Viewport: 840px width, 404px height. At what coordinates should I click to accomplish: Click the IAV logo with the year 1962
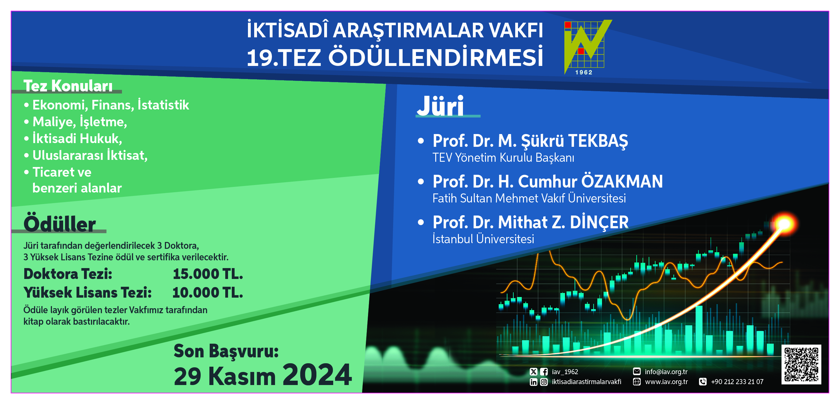[587, 47]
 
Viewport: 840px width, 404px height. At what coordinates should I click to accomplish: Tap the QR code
[801, 364]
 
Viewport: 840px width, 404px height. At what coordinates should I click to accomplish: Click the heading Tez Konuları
[68, 86]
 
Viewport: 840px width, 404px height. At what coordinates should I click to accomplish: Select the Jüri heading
[440, 106]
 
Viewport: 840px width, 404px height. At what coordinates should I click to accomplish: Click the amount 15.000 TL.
[208, 274]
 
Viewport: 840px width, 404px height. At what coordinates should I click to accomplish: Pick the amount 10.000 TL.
[208, 292]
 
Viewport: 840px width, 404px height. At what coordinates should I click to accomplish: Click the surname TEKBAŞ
[598, 141]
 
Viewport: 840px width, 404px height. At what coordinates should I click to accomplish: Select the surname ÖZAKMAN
[622, 181]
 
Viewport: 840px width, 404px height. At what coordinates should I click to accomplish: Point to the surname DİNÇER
[599, 222]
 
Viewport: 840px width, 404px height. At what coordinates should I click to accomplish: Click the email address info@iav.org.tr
[666, 372]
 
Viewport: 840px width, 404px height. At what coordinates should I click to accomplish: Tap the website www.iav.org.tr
[666, 382]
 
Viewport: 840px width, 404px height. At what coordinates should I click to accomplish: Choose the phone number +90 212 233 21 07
[737, 382]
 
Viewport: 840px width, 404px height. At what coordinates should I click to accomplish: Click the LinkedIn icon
[534, 382]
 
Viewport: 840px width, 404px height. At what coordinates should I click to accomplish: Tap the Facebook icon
[544, 372]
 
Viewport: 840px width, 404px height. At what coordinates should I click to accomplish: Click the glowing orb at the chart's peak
[785, 224]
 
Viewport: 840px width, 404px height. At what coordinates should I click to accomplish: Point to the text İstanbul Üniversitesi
[483, 239]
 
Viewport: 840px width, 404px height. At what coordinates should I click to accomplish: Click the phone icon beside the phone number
[703, 382]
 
